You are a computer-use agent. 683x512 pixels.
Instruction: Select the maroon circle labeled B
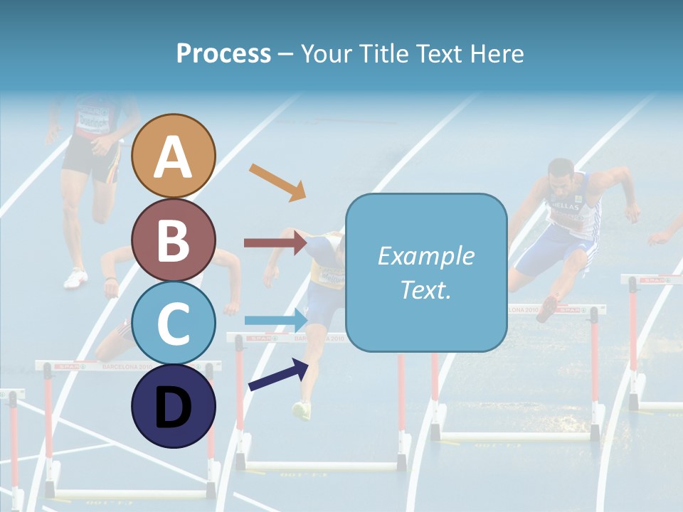(174, 240)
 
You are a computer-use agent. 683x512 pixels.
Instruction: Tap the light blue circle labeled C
(174, 323)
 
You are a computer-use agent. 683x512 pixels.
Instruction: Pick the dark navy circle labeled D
(174, 406)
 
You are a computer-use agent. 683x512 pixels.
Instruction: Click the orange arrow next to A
(277, 182)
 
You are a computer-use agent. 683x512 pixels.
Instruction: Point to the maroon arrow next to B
(275, 243)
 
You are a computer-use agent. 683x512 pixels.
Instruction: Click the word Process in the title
(223, 53)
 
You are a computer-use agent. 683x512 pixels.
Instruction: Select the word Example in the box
(425, 256)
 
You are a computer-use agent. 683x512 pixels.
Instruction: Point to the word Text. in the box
(425, 289)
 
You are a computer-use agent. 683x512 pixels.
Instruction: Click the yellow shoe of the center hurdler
(302, 410)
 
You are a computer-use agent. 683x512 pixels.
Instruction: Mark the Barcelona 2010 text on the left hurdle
(125, 367)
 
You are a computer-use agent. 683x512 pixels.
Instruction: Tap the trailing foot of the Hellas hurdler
(547, 309)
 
